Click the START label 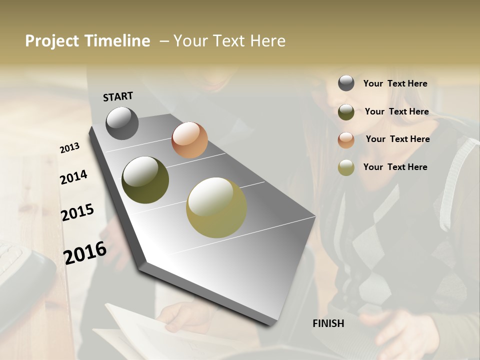pos(118,96)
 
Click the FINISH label pos(328,323)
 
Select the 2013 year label pos(70,148)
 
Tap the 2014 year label pos(73,177)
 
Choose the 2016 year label pos(85,252)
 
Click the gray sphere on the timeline pos(122,123)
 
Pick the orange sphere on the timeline pos(189,140)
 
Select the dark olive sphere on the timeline pos(145,180)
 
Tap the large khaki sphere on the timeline pos(216,207)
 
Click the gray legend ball pos(346,83)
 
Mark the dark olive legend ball pos(346,112)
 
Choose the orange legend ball pos(346,140)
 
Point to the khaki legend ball pos(346,167)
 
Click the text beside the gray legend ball pos(395,83)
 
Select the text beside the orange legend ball pos(397,139)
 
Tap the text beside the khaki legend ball pos(395,167)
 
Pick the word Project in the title pos(52,41)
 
